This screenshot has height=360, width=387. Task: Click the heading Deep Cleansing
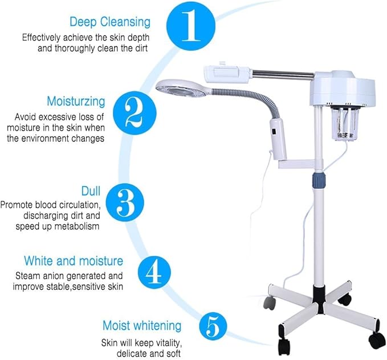point(110,22)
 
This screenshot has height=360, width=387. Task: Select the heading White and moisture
point(74,261)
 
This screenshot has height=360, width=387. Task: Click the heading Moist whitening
point(142,326)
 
